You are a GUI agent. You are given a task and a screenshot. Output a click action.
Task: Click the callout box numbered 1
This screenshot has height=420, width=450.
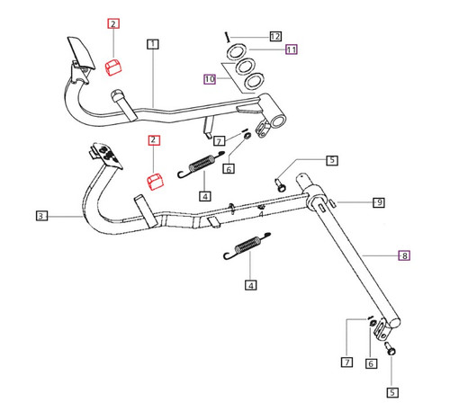point(154,43)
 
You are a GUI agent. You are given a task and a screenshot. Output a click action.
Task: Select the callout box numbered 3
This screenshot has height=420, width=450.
point(41,216)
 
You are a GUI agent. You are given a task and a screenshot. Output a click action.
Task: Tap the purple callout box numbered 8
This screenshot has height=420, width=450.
point(404,256)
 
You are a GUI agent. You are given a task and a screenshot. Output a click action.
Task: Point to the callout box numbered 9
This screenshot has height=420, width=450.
point(379,202)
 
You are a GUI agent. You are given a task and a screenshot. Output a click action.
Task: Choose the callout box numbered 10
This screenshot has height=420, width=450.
point(210,80)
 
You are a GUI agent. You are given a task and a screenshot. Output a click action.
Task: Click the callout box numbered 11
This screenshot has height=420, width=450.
point(291,50)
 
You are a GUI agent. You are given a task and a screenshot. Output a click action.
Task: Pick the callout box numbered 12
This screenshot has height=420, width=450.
point(275,35)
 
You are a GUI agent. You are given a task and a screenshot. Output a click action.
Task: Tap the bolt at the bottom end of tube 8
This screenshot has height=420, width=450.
point(391,346)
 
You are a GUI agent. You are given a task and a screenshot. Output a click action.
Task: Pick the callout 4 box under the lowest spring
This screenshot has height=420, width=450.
point(251,285)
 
